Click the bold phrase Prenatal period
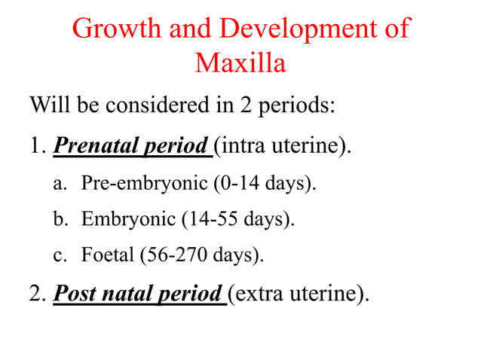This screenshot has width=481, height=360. (133, 143)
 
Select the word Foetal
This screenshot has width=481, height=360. (106, 255)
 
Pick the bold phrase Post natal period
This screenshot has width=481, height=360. (139, 292)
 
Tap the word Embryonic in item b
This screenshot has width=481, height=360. (128, 219)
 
